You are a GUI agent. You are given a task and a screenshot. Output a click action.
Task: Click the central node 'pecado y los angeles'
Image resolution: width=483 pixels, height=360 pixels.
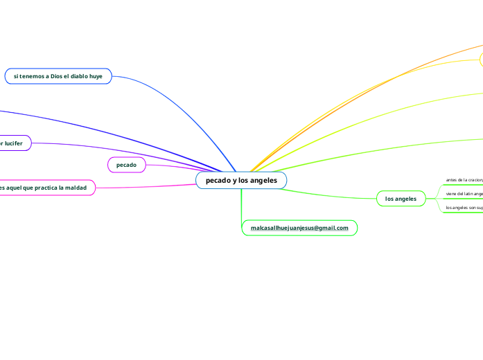pyautogui.click(x=241, y=180)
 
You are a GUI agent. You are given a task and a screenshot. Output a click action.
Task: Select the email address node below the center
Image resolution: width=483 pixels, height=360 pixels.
pyautogui.click(x=299, y=228)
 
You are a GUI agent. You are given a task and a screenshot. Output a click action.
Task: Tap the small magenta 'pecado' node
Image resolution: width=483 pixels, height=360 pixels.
pyautogui.click(x=126, y=165)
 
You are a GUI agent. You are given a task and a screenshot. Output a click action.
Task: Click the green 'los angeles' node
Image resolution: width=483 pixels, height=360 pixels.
pyautogui.click(x=401, y=199)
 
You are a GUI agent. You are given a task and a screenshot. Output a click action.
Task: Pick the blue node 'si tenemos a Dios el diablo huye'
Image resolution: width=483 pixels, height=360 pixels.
pyautogui.click(x=58, y=76)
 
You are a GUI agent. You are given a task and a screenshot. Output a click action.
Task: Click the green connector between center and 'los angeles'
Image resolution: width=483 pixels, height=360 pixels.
pyautogui.click(x=333, y=195)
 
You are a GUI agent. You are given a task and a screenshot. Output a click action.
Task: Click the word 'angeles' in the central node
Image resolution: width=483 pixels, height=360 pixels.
pyautogui.click(x=263, y=180)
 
